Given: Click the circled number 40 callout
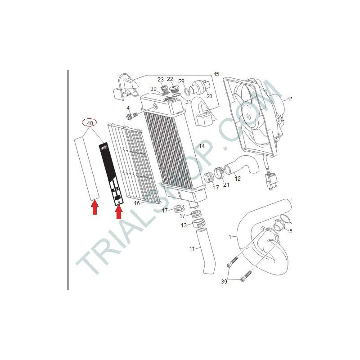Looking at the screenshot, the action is (90, 123).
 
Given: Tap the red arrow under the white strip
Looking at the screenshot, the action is (95, 207).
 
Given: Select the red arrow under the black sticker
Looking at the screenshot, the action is (119, 211).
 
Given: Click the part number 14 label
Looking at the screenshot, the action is (202, 146).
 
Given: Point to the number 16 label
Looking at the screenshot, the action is (137, 203).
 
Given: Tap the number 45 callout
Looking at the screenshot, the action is (216, 74).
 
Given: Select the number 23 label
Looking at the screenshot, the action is (161, 80).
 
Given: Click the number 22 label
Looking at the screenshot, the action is (170, 79).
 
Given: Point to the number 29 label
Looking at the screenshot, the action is (181, 81).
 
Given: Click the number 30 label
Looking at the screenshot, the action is (153, 89).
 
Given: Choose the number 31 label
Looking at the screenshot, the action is (188, 102).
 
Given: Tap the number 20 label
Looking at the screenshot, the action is (209, 96).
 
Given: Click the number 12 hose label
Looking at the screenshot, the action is (238, 178).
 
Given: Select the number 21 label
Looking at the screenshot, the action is (226, 184).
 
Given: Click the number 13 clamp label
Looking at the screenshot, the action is (184, 225).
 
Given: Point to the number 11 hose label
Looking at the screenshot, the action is (192, 249).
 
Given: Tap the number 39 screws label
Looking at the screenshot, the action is (224, 281).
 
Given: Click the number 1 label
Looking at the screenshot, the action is (230, 237).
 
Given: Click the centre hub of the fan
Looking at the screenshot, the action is (249, 116).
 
